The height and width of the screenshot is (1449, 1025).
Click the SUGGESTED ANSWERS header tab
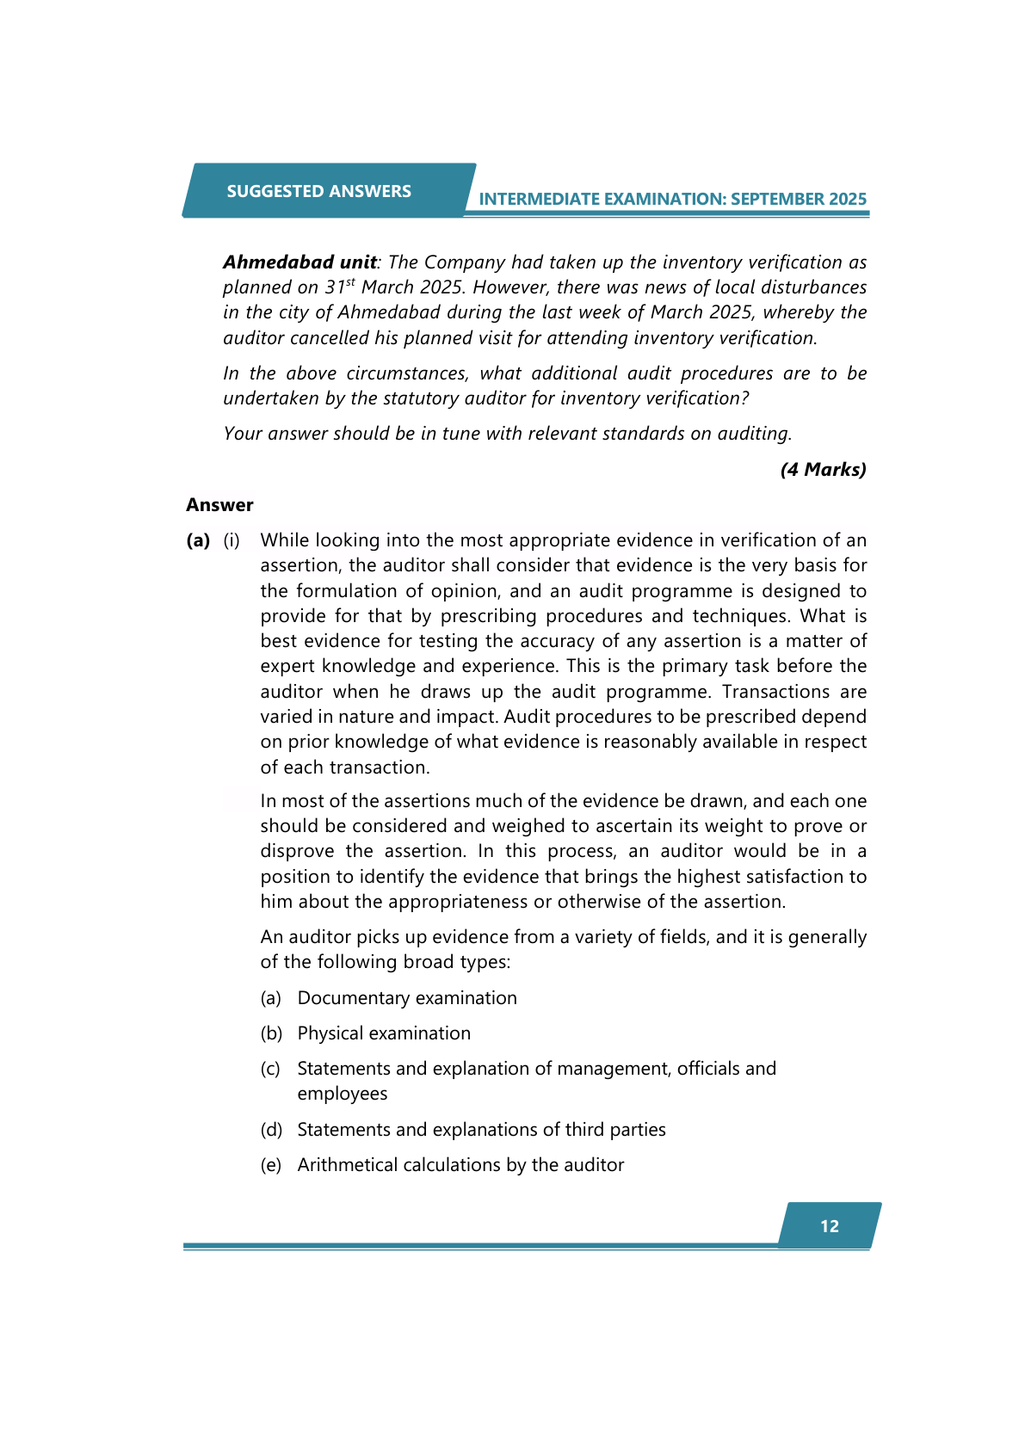tap(318, 191)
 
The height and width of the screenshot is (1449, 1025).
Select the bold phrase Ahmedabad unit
tap(299, 262)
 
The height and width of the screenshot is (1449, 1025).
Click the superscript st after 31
tap(350, 281)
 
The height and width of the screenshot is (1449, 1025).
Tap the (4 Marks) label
tap(823, 470)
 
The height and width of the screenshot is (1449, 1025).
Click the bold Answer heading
tap(219, 505)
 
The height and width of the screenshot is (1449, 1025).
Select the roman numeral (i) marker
tap(232, 540)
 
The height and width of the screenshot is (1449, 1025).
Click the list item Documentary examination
tap(407, 998)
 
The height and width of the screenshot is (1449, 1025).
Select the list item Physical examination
tap(384, 1033)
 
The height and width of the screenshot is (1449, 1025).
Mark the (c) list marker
tap(270, 1069)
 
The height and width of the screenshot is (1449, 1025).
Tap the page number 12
tap(829, 1226)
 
